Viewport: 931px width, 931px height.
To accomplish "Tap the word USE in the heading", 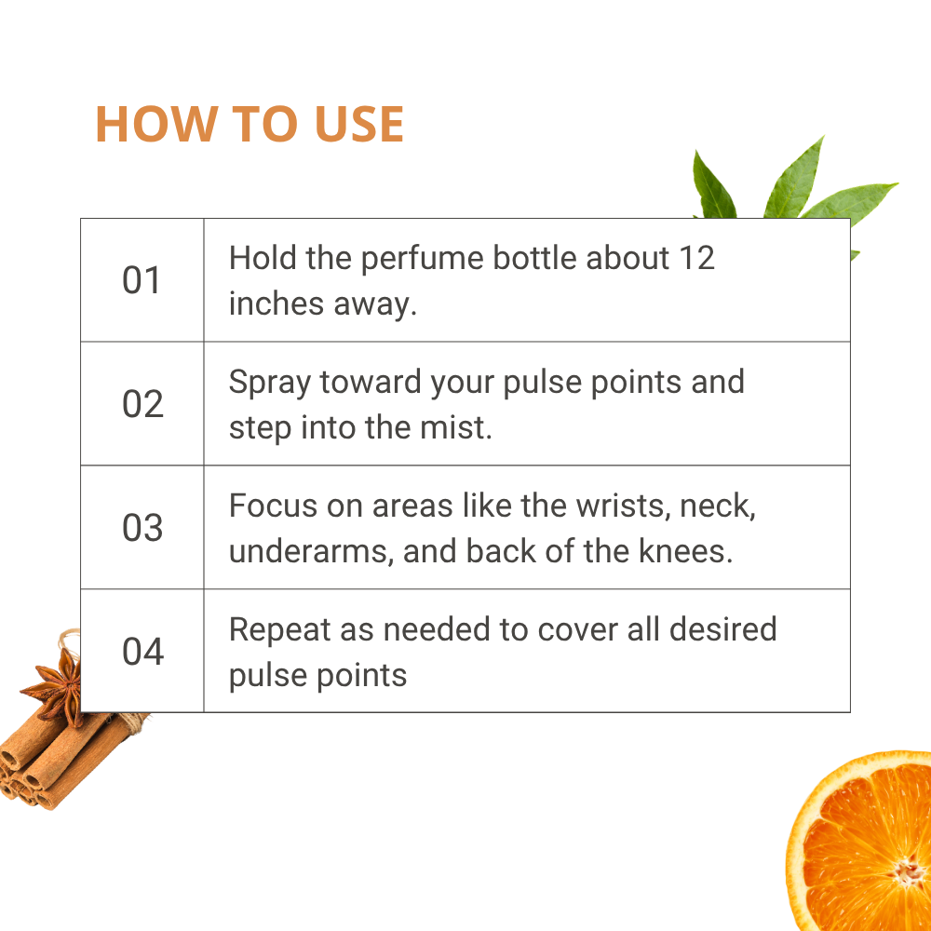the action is pyautogui.click(x=359, y=124).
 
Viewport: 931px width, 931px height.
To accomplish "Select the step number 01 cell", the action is pyautogui.click(x=142, y=280).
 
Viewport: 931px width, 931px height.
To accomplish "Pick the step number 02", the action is pyautogui.click(x=142, y=404).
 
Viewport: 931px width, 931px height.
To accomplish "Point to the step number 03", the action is pyautogui.click(x=142, y=527).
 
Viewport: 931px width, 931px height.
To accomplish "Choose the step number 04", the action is pyautogui.click(x=142, y=652).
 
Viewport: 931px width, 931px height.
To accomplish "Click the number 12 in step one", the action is pyautogui.click(x=696, y=258).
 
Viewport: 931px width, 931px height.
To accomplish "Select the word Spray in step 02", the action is pyautogui.click(x=270, y=383).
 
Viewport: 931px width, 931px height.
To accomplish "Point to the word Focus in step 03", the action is pyautogui.click(x=274, y=506).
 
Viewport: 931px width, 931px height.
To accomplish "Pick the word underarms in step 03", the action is pyautogui.click(x=309, y=551).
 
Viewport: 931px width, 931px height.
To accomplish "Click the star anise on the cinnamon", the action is pyautogui.click(x=58, y=689).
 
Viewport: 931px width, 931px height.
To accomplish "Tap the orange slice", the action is pyautogui.click(x=858, y=841).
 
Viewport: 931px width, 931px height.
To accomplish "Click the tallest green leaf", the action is pyautogui.click(x=796, y=178).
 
